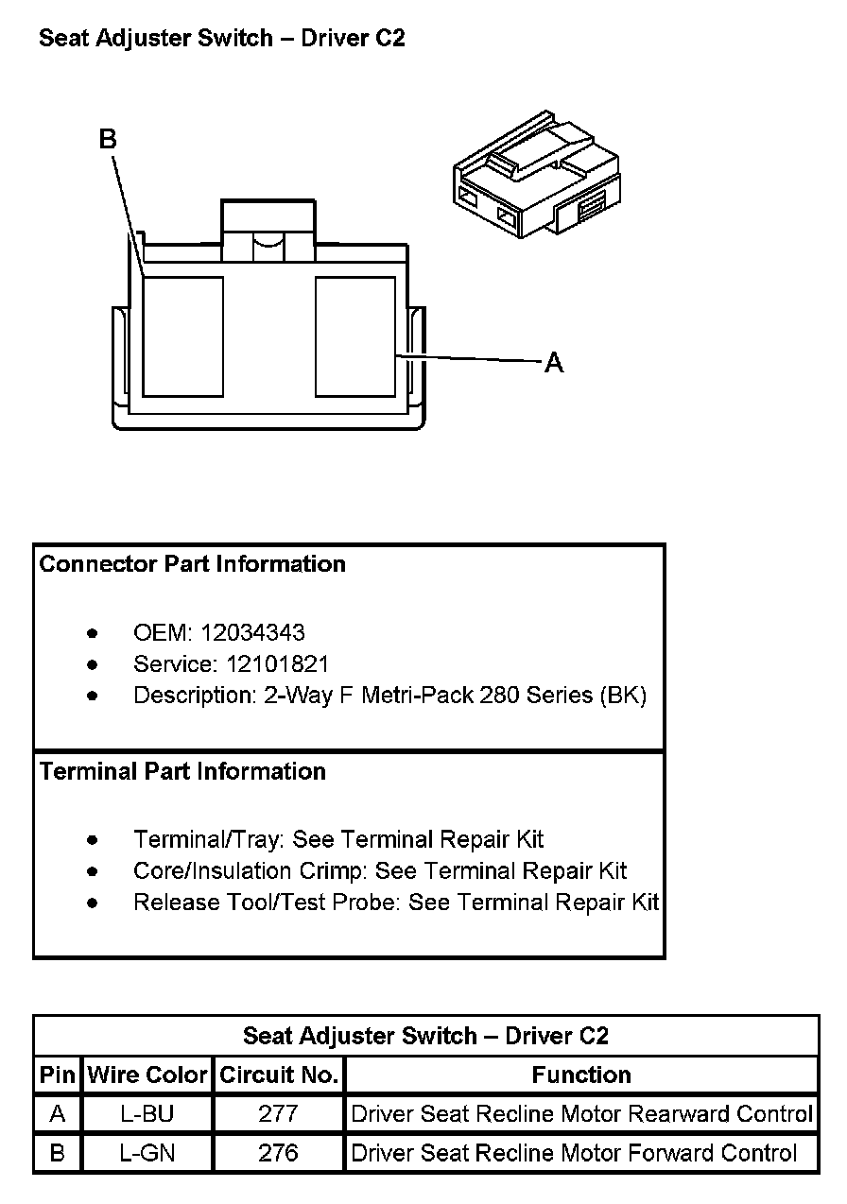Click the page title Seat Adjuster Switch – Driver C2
pyautogui.click(x=221, y=39)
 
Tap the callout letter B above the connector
pyautogui.click(x=108, y=140)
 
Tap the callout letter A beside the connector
pyautogui.click(x=554, y=362)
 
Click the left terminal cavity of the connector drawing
pyautogui.click(x=183, y=336)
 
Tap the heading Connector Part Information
pyautogui.click(x=192, y=564)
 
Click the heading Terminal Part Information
pyautogui.click(x=182, y=771)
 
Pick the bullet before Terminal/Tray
pyautogui.click(x=92, y=839)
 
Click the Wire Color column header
pyautogui.click(x=147, y=1075)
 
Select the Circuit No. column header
pyautogui.click(x=279, y=1075)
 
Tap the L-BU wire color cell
pyautogui.click(x=147, y=1114)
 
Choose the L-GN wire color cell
pyautogui.click(x=147, y=1153)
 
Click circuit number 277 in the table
pyautogui.click(x=279, y=1114)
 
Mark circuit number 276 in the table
pyautogui.click(x=279, y=1153)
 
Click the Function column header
pyautogui.click(x=581, y=1075)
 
